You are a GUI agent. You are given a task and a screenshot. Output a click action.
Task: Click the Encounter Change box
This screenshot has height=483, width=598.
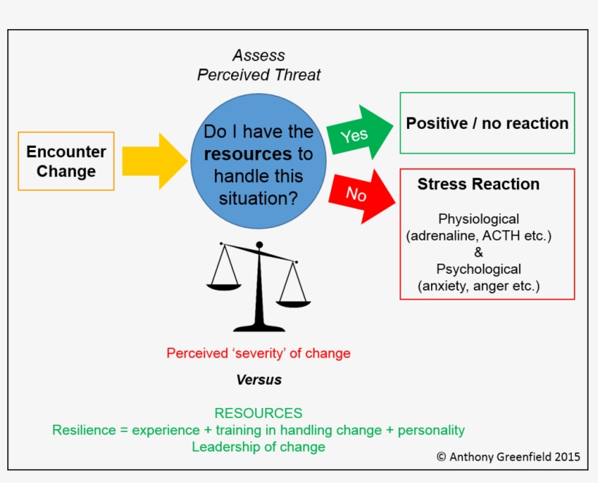(x=66, y=161)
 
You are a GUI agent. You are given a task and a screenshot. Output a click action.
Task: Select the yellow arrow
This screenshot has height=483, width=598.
(x=154, y=161)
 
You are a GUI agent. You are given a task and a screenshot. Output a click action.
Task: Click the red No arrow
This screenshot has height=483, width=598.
(x=360, y=193)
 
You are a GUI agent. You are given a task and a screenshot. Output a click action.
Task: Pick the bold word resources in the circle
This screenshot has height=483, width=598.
(x=247, y=154)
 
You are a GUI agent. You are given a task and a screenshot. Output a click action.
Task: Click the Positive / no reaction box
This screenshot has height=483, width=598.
(x=487, y=123)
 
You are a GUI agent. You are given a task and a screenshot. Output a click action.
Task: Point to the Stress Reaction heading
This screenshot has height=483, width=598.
(x=478, y=184)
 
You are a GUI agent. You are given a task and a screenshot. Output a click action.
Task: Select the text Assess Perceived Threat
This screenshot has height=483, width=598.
(x=259, y=66)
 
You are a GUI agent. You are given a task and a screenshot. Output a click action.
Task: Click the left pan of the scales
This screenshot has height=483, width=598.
(x=224, y=286)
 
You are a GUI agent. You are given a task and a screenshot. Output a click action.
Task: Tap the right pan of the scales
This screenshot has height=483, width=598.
(x=292, y=301)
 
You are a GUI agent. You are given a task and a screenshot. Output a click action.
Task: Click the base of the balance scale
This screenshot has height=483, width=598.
(x=259, y=327)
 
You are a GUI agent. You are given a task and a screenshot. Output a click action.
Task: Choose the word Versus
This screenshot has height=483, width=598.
(x=259, y=380)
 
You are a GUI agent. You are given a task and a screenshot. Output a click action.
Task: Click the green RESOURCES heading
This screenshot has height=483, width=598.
(x=258, y=413)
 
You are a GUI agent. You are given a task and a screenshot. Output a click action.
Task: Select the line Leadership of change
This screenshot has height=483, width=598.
(x=258, y=447)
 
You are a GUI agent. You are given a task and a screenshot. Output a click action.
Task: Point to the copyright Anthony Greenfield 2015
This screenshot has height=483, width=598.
(x=508, y=457)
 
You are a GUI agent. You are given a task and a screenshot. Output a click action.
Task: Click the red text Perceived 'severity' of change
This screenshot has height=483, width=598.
(x=258, y=353)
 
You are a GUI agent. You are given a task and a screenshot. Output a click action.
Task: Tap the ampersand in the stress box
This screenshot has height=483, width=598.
(x=478, y=252)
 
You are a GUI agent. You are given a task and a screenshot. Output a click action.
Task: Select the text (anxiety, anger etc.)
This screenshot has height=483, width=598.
(x=478, y=286)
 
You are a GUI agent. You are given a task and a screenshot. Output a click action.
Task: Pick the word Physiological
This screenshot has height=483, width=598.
(x=478, y=219)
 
